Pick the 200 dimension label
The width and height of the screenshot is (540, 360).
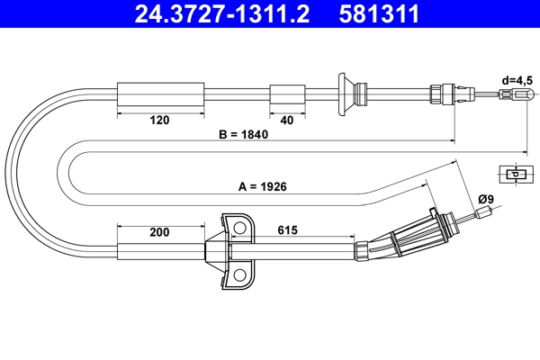pyautogui.click(x=159, y=233)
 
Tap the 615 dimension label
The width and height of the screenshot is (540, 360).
pyautogui.click(x=288, y=231)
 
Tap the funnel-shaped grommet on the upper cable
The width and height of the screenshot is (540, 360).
pyautogui.click(x=345, y=94)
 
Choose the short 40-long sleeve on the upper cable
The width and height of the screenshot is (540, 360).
pyautogui.click(x=287, y=94)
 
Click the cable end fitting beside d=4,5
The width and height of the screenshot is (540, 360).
pyautogui.click(x=520, y=94)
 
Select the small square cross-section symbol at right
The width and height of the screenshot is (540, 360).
pyautogui.click(x=514, y=175)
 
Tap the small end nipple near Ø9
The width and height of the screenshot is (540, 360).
pyautogui.click(x=486, y=213)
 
